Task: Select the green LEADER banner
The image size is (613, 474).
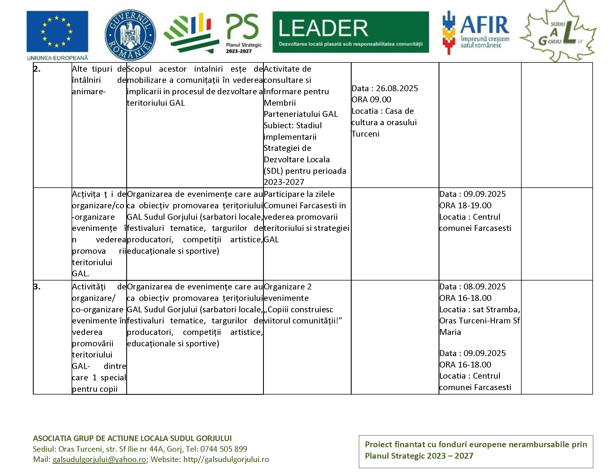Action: pos(350,32)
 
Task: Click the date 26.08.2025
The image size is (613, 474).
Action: pos(396,88)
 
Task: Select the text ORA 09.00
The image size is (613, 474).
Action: pos(371,100)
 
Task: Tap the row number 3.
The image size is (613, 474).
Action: pos(37,287)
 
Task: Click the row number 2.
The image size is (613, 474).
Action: pos(37,69)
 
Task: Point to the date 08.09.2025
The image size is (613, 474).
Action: pos(485,287)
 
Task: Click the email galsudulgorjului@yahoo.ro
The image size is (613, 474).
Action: pos(99,460)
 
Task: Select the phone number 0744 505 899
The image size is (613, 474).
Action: pos(223,449)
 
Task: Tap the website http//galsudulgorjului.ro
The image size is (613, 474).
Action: pos(226,460)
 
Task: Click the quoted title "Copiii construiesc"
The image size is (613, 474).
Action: pos(299,309)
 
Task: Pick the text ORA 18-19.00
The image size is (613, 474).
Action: pos(465,205)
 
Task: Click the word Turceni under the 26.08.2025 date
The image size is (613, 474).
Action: pos(366,134)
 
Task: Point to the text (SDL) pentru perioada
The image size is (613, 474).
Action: pos(305,171)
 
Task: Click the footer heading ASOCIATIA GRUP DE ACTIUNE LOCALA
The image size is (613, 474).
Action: pos(132,438)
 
